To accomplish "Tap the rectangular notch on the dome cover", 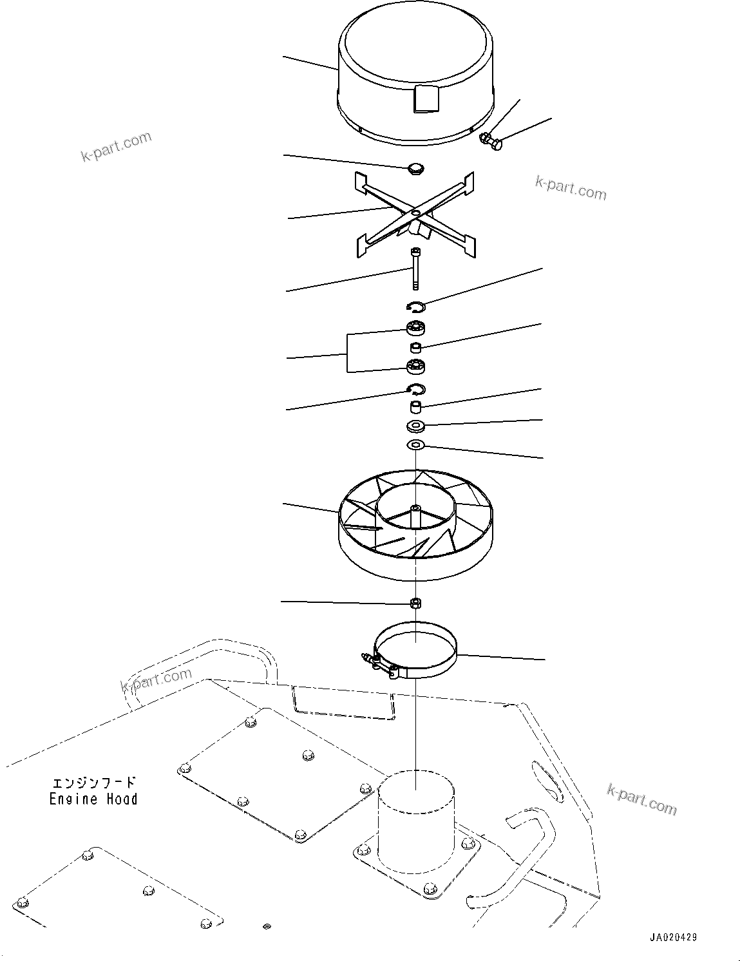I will [424, 99].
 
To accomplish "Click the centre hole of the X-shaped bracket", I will [416, 212].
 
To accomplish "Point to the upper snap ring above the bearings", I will [416, 307].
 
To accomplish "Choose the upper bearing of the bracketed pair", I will [416, 328].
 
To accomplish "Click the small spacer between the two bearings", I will [417, 348].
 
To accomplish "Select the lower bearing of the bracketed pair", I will [416, 366].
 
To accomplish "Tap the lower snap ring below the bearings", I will [416, 388].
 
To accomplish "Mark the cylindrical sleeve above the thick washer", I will [416, 407].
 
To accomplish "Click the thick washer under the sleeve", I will [416, 426].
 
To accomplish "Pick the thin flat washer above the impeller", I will [416, 444].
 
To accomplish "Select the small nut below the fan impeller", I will [416, 603].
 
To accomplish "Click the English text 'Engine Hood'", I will [94, 799].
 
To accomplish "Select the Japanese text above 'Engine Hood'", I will [94, 783].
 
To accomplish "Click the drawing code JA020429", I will [673, 938].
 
